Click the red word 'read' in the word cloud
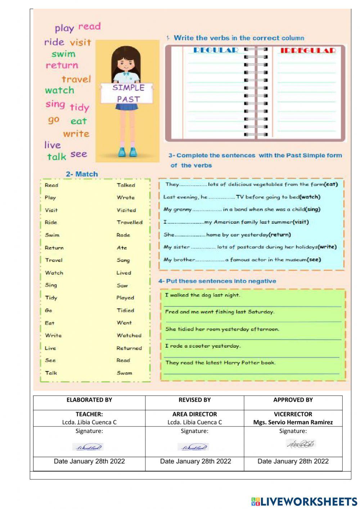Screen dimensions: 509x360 (x=89, y=26)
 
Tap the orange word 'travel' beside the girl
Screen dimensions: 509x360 (x=76, y=79)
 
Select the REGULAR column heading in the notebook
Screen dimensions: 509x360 (x=216, y=50)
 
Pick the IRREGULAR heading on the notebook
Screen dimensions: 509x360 (x=308, y=50)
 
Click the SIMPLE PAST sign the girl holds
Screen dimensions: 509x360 (x=128, y=93)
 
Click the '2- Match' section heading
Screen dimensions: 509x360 (x=82, y=174)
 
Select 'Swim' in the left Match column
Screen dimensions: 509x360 (x=52, y=235)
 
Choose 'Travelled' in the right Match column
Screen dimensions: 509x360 (x=129, y=222)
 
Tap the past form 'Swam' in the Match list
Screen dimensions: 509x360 (x=124, y=373)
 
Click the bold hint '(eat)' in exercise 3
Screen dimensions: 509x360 (x=331, y=184)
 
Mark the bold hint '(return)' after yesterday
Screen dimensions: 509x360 (x=280, y=235)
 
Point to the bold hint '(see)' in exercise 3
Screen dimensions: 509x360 (x=314, y=259)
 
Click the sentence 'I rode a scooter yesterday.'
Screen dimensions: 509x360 (x=203, y=346)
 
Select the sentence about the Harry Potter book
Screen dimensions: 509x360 (x=220, y=362)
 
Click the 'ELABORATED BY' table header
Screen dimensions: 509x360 (x=89, y=399)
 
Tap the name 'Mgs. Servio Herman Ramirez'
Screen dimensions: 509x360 (x=293, y=422)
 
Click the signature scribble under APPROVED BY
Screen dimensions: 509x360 (x=301, y=444)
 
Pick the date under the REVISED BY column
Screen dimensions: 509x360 (x=195, y=461)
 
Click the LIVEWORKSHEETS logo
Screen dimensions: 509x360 (x=304, y=501)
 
